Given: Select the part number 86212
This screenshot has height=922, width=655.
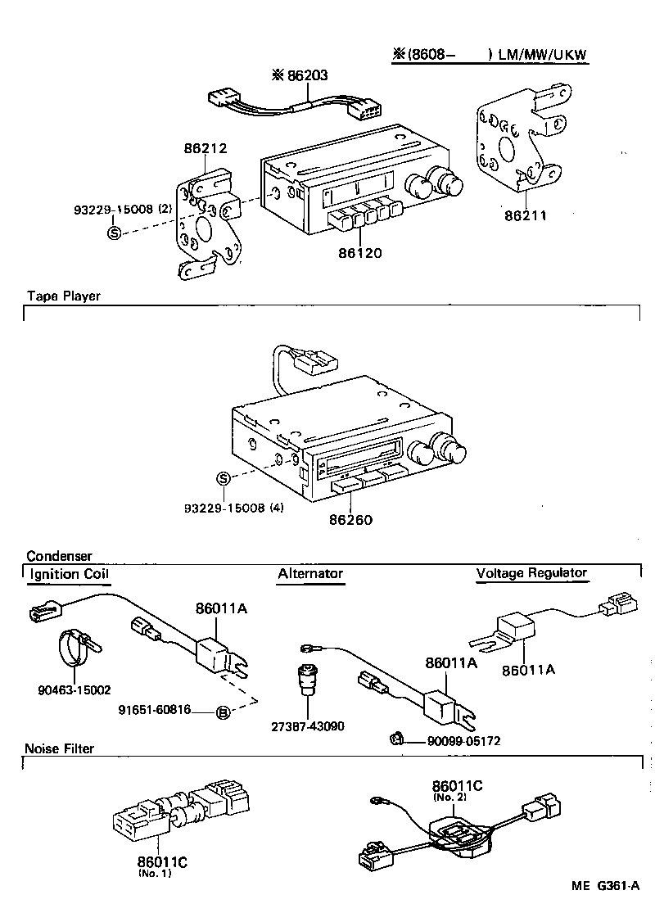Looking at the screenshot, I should pos(206,148).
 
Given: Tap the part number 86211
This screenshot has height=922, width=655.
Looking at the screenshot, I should pos(524,216).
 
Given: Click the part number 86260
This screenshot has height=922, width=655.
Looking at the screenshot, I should pos(351,519).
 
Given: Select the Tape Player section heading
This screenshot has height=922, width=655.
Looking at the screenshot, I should pos(63,296).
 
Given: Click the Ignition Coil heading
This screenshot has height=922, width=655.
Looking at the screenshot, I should pos(69,574).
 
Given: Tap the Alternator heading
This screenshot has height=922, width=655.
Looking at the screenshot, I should pos(310,574).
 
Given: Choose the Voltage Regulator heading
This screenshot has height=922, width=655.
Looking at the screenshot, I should pos(531,573).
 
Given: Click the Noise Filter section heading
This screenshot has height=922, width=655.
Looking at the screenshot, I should pos(60,748).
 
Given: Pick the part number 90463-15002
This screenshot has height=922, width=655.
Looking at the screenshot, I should pos(74,690).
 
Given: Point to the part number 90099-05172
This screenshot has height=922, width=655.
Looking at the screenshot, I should pos(463,741).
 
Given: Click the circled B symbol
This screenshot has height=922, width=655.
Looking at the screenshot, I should pos(223,712).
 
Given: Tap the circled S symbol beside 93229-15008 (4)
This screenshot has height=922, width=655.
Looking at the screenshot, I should pos(223,479).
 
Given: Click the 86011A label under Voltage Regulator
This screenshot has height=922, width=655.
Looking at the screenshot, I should pos(528,669).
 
